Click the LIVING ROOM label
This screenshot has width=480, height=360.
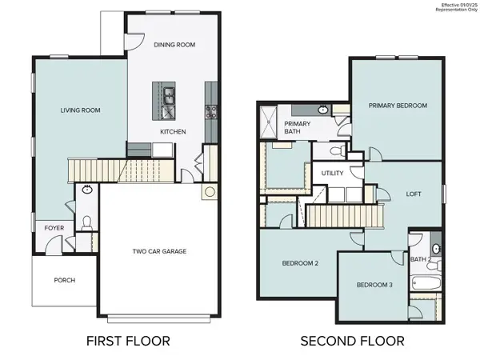(x=79, y=110)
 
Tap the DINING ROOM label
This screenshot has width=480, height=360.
(x=174, y=45)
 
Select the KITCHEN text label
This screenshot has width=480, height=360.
(x=173, y=131)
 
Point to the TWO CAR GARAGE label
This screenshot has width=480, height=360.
(x=159, y=251)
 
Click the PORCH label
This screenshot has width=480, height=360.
(x=65, y=280)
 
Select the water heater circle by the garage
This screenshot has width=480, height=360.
(x=210, y=192)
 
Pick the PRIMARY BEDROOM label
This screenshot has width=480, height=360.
(x=397, y=106)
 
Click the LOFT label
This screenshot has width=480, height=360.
(x=414, y=193)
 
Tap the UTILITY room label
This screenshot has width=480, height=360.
(x=332, y=173)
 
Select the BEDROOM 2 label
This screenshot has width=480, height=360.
(x=300, y=263)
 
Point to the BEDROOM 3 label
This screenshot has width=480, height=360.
(x=374, y=286)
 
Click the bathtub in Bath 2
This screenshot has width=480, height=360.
(x=424, y=283)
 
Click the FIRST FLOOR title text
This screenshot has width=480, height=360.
(x=127, y=341)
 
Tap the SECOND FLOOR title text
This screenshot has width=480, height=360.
(x=352, y=341)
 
